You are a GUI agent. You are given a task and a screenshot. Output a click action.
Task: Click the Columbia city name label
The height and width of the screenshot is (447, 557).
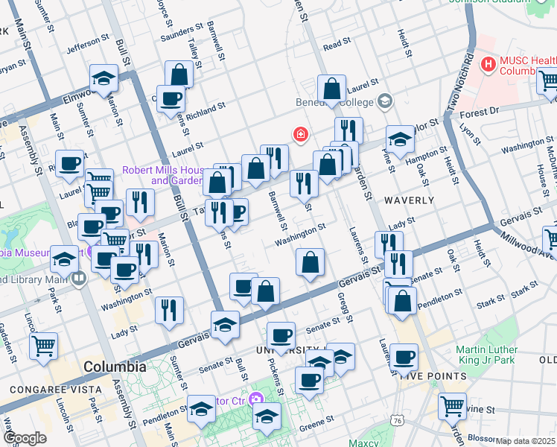115,367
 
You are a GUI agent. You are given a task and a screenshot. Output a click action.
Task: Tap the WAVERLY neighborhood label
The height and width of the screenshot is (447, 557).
409,200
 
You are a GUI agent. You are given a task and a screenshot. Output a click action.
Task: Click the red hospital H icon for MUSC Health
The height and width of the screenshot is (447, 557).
488,65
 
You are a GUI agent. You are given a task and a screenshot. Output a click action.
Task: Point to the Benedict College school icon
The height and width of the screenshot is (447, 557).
385,101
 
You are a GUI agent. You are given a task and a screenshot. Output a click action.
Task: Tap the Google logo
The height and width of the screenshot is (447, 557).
25,438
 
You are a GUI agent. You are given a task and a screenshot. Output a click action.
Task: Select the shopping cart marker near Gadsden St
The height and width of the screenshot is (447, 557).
44,345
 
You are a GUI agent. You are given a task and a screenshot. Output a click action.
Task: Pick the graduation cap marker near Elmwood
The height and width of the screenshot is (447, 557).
104,77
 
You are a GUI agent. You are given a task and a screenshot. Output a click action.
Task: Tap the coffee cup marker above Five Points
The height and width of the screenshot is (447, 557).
404,357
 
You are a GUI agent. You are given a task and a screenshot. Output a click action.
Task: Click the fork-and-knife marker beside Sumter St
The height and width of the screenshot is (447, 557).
170,308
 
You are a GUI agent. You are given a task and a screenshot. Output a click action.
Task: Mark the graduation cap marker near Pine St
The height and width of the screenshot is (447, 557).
400,139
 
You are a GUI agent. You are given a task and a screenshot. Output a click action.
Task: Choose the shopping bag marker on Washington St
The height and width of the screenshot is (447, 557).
311,262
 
